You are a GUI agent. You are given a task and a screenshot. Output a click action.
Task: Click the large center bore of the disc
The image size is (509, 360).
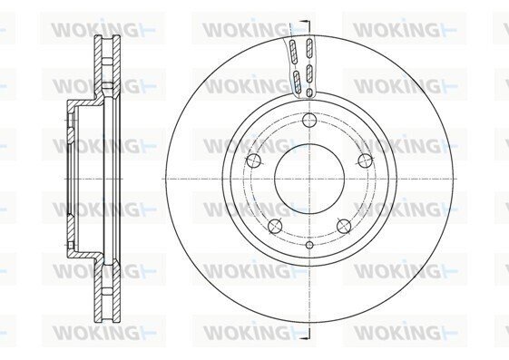tap(309, 179)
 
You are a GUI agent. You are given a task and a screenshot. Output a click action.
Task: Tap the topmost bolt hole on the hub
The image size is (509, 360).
tap(309, 121)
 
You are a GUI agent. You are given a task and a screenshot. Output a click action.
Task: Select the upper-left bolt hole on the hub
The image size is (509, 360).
tap(254, 161)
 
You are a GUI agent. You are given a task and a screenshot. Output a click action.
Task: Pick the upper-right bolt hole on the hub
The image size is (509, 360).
tap(366, 161)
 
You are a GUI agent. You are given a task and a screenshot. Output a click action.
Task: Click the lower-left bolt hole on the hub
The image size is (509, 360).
tap(275, 226)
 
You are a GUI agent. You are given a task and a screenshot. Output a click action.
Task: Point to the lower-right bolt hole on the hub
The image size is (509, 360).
tap(344, 226)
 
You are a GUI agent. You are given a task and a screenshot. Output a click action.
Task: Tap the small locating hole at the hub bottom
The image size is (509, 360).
tap(309, 245)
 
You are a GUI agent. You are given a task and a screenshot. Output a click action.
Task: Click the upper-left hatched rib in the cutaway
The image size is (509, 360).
tap(293, 52)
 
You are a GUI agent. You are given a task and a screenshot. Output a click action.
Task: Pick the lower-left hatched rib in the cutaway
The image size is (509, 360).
tap(297, 81)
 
